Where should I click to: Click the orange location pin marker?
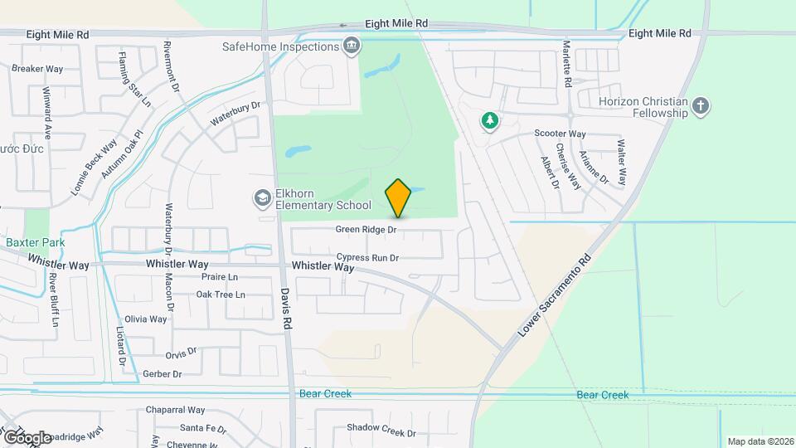[x=399, y=198]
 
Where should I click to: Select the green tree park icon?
[x=490, y=121]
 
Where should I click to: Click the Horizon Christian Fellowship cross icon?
[x=701, y=106]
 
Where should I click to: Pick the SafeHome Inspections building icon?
[x=351, y=46]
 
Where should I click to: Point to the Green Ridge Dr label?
[x=366, y=229]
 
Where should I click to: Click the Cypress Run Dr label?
[x=368, y=258]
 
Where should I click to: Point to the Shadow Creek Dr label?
[x=381, y=429]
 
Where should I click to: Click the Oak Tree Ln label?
[x=221, y=295]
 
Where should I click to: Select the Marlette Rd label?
[x=568, y=65]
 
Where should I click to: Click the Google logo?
[x=27, y=437]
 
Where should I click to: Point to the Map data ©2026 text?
[x=760, y=441]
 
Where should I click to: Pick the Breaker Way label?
[x=37, y=69]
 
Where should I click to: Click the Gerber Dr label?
[x=162, y=374]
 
